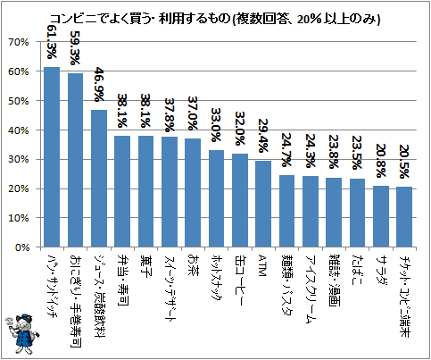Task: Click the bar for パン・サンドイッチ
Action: (52, 157)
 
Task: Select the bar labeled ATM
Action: (263, 204)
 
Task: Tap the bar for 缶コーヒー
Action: (240, 200)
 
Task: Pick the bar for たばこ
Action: (357, 213)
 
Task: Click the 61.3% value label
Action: (52, 41)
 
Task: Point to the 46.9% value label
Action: (99, 85)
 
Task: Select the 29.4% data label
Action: (263, 136)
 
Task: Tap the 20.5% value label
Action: (404, 162)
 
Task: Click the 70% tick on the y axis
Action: (19, 42)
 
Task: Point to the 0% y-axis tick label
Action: (21, 247)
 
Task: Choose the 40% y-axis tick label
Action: (19, 130)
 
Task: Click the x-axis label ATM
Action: (262, 265)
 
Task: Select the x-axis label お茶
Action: (193, 265)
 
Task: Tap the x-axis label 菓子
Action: (145, 265)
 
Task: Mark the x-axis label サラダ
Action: (380, 270)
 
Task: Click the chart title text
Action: (214, 20)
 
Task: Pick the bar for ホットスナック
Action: (216, 198)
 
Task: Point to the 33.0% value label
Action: (216, 125)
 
